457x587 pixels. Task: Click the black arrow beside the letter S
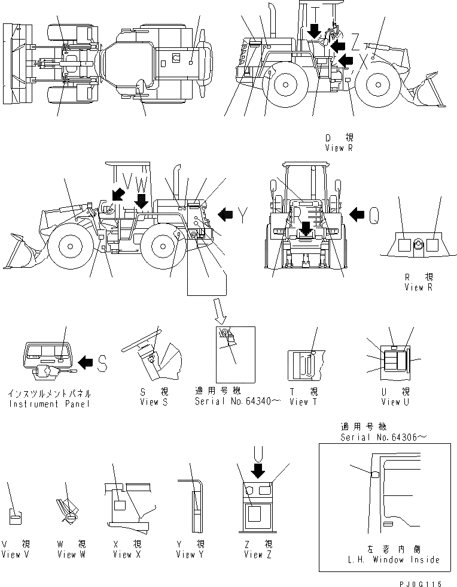coord(86,361)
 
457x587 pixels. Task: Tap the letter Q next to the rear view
coord(374,214)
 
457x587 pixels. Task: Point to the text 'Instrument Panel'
coord(50,404)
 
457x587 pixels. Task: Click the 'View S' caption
coord(150,401)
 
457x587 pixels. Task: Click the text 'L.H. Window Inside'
coord(392,559)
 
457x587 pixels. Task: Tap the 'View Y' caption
coord(190,555)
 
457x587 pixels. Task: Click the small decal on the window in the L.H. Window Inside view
coord(375,474)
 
